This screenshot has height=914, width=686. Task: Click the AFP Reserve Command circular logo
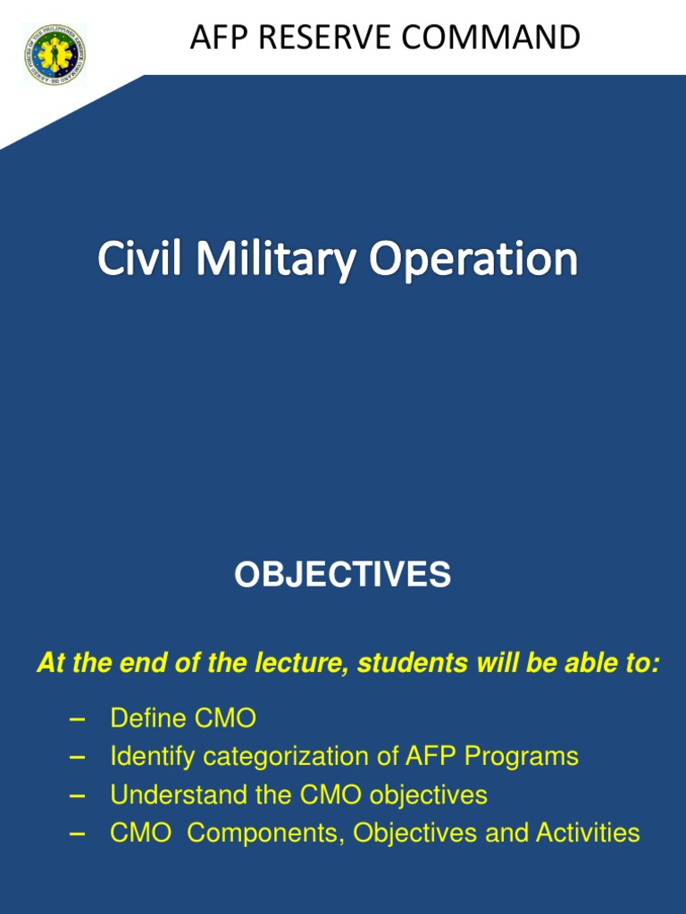pyautogui.click(x=54, y=55)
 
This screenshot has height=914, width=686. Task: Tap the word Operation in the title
pyautogui.click(x=474, y=260)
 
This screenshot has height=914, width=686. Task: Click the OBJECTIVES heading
pyautogui.click(x=342, y=576)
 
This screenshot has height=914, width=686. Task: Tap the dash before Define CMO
pyautogui.click(x=77, y=719)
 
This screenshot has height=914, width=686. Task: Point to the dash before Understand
pyautogui.click(x=77, y=794)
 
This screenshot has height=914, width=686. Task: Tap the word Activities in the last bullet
pyautogui.click(x=588, y=833)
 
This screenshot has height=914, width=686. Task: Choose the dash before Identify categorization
pyautogui.click(x=77, y=757)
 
